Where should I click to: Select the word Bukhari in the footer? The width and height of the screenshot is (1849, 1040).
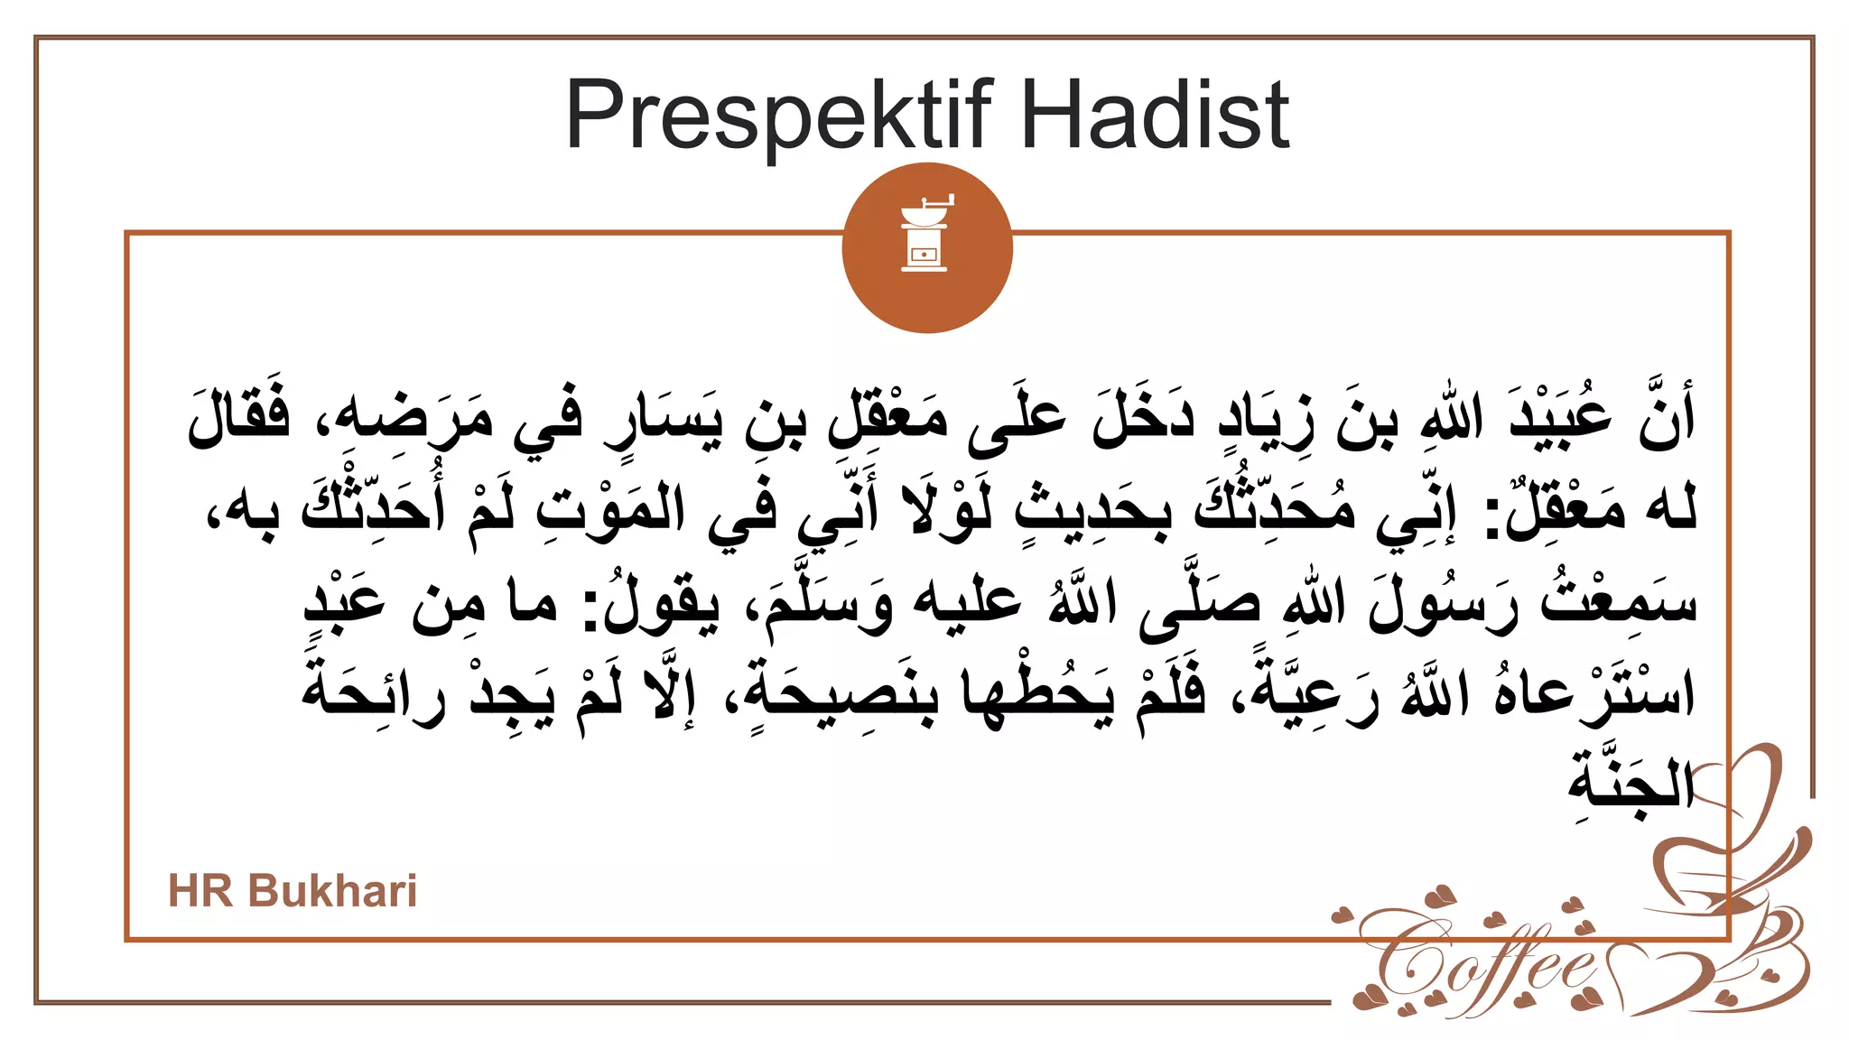click(x=332, y=891)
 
